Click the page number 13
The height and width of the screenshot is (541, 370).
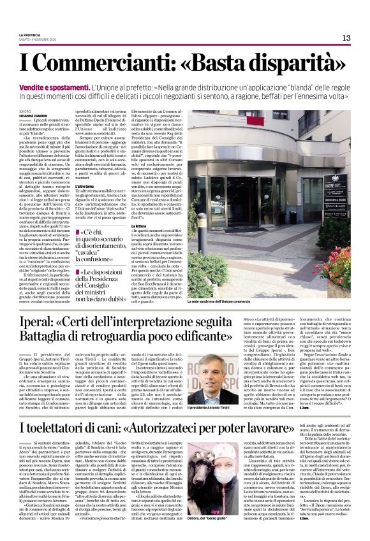point(346,38)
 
